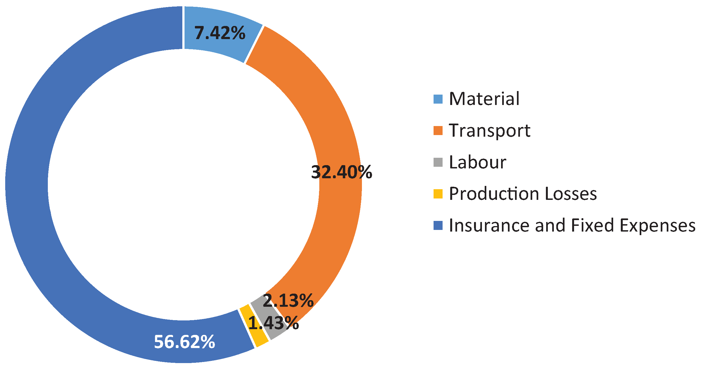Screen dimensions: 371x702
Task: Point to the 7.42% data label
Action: pyautogui.click(x=220, y=33)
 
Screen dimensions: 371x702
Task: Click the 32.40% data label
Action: pyautogui.click(x=341, y=172)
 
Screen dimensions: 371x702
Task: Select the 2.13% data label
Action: pyautogui.click(x=288, y=300)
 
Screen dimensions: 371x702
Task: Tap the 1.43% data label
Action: pyautogui.click(x=273, y=323)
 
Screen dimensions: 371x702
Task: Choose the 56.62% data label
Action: pyautogui.click(x=185, y=342)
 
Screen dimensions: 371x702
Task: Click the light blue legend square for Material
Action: pyautogui.click(x=438, y=99)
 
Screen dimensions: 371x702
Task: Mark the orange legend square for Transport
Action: pyautogui.click(x=438, y=131)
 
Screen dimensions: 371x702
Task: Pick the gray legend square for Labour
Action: pyautogui.click(x=438, y=162)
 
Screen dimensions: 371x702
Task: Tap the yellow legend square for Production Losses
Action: pyautogui.click(x=438, y=194)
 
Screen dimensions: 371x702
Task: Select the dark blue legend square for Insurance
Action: pyautogui.click(x=438, y=226)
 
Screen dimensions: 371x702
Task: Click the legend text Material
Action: pyautogui.click(x=484, y=99)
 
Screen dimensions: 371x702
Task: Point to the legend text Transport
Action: pyautogui.click(x=490, y=131)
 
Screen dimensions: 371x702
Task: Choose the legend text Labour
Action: pyautogui.click(x=478, y=162)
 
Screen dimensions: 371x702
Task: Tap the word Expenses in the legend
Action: pyautogui.click(x=657, y=226)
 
